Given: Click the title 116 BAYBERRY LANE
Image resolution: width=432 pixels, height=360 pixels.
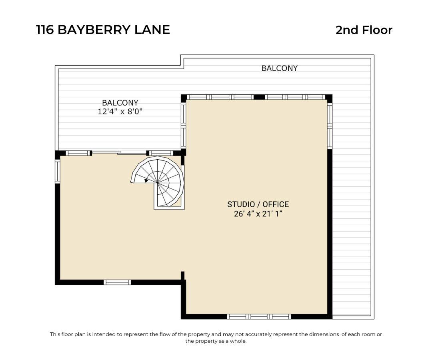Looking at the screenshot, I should tap(103, 30).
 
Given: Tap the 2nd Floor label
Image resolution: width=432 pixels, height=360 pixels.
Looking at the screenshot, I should tap(364, 30).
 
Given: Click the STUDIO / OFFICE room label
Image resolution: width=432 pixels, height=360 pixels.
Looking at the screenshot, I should tap(258, 204).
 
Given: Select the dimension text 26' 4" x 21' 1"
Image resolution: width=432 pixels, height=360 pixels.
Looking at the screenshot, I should tap(258, 214).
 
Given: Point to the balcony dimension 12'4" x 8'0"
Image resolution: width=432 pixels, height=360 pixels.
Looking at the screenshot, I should tap(120, 112).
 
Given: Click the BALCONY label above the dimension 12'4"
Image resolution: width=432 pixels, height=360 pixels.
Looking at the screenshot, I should tap(120, 103).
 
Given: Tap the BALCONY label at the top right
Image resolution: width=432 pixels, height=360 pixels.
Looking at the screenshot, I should tap(279, 68).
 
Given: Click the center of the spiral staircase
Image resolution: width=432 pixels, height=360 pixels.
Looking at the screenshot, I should tap(158, 182).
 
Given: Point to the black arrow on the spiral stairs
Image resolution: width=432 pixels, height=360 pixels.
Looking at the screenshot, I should tap(146, 181).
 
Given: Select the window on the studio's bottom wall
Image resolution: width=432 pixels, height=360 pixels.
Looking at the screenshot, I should tap(259, 316).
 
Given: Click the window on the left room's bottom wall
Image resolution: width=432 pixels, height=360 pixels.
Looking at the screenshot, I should tap(117, 282).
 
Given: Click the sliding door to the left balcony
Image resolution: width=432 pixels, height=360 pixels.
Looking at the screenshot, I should tap(119, 153).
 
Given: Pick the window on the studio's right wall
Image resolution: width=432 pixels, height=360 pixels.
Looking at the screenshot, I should tap(330, 126).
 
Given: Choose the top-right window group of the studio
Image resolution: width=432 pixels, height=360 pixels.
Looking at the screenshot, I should tap(295, 97).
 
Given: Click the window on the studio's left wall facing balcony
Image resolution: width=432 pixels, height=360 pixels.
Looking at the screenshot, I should tap(183, 126).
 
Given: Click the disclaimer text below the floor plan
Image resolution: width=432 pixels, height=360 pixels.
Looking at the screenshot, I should tap(216, 338).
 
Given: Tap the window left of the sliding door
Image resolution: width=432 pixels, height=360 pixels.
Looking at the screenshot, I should tap(78, 153).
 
